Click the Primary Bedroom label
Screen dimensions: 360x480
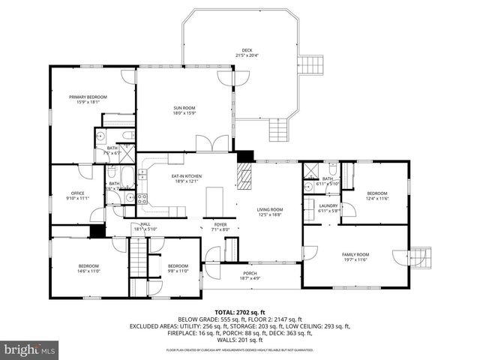click(x=88, y=99)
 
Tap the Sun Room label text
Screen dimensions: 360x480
click(x=184, y=111)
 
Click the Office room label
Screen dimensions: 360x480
click(x=77, y=196)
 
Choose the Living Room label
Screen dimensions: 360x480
click(x=271, y=211)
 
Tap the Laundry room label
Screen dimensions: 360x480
click(x=328, y=208)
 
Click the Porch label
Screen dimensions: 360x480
click(x=250, y=275)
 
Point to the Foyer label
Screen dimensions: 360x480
click(x=220, y=226)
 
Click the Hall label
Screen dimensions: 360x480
click(x=145, y=226)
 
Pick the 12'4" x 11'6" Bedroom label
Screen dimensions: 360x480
click(x=376, y=195)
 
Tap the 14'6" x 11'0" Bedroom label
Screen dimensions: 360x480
click(x=88, y=268)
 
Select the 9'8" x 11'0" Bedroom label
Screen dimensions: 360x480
click(x=178, y=268)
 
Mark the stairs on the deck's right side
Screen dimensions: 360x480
click(x=310, y=65)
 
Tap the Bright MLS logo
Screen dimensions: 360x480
click(x=30, y=349)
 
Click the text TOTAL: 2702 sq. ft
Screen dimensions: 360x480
click(x=239, y=310)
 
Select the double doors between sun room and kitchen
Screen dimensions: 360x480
click(x=207, y=144)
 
